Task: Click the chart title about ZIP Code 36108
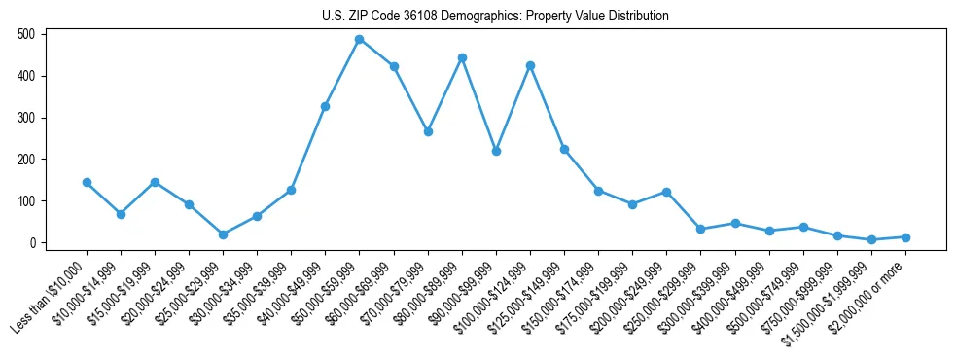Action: (x=495, y=16)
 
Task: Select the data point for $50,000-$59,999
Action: (x=360, y=39)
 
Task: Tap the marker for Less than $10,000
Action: (x=87, y=182)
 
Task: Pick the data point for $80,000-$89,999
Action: (x=462, y=57)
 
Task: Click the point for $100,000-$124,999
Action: (x=530, y=65)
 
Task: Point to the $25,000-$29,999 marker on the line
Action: (x=223, y=234)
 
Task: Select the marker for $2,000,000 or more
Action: (x=905, y=237)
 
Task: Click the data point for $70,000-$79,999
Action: (x=428, y=131)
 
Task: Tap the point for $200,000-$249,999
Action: (x=666, y=192)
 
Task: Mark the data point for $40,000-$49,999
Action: (x=325, y=106)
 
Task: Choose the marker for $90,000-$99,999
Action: (x=496, y=151)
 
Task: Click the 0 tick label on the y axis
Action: (x=32, y=243)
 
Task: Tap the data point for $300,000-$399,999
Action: (x=735, y=224)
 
